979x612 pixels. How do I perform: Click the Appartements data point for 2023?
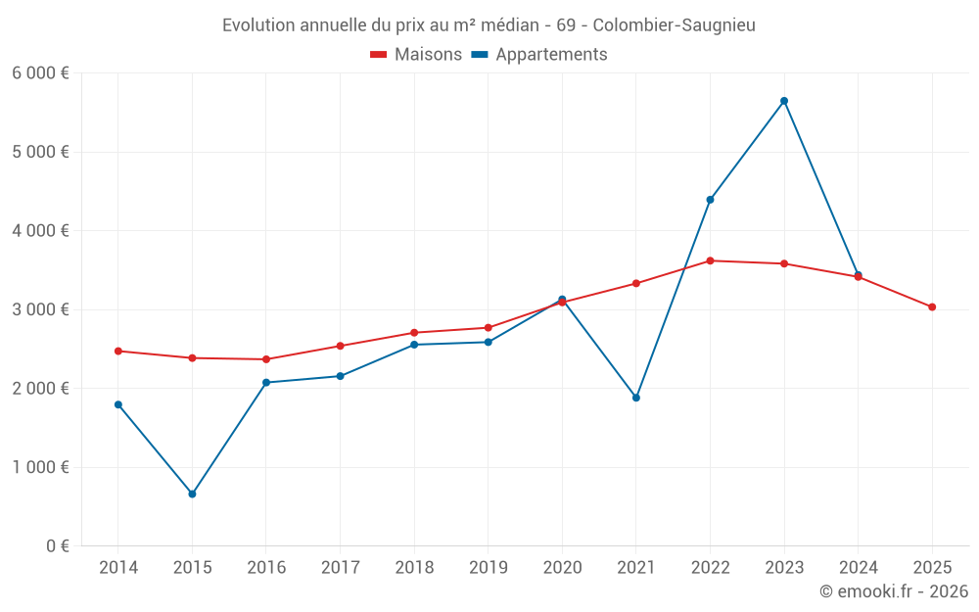[x=784, y=101]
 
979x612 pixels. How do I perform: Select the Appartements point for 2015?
[x=192, y=494]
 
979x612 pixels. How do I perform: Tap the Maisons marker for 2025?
[x=932, y=307]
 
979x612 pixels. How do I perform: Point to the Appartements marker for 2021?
[x=636, y=398]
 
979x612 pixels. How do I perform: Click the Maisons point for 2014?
[x=118, y=351]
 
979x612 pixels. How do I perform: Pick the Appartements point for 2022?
[x=710, y=200]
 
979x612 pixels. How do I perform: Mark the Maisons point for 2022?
[x=710, y=260]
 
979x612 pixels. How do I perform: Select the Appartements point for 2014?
[x=118, y=404]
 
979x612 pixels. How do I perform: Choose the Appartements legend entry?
[x=540, y=55]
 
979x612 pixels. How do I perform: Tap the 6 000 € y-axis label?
[x=40, y=73]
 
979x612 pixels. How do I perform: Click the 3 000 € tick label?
[x=40, y=309]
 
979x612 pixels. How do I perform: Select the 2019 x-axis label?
[x=488, y=568]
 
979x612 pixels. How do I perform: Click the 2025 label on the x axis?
[x=932, y=568]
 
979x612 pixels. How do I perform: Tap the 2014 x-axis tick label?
[x=118, y=568]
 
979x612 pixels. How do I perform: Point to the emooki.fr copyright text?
[x=894, y=591]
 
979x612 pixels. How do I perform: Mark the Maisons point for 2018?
[x=414, y=333]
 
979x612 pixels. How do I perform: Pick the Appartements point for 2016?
[x=266, y=383]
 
